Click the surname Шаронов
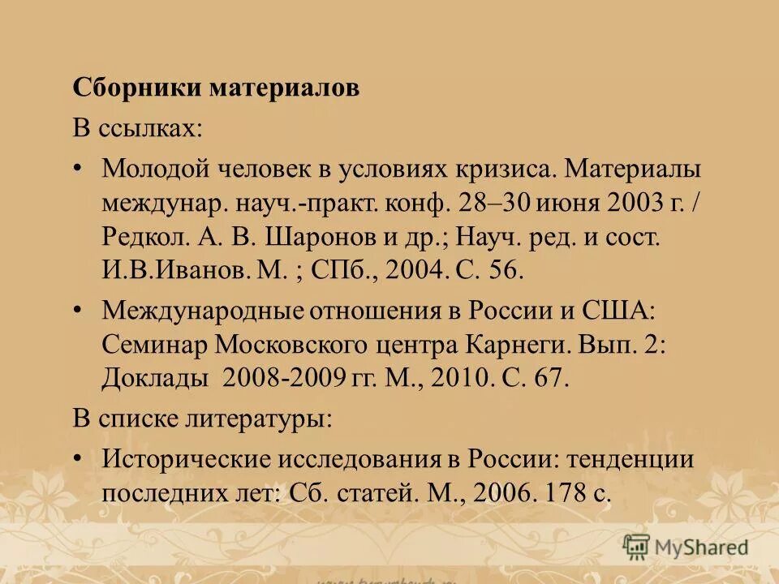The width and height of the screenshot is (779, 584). (x=316, y=236)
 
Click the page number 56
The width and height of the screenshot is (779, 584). (x=505, y=270)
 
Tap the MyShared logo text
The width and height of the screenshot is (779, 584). (x=703, y=547)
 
